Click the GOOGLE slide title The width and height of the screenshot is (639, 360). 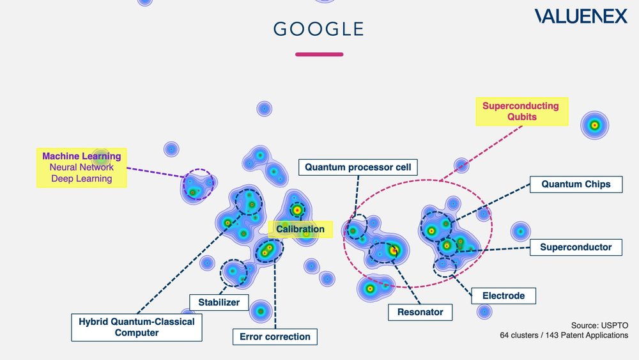[x=318, y=29]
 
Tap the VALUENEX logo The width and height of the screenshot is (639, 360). [x=581, y=17]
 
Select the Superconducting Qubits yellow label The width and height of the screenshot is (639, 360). [x=520, y=112]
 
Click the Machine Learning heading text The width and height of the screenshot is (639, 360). [x=81, y=156]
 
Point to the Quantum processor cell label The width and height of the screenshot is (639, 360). [x=359, y=168]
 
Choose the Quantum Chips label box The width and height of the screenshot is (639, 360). [x=576, y=184]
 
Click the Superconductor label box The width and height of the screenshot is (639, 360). [x=576, y=247]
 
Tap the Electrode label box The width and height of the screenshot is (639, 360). [x=504, y=295]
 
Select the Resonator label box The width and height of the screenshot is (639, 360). [x=420, y=312]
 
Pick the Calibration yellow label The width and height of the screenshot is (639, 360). [x=300, y=229]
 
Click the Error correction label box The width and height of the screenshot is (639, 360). [x=275, y=336]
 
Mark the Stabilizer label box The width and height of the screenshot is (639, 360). [x=219, y=302]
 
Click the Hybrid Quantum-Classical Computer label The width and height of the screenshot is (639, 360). [x=136, y=327]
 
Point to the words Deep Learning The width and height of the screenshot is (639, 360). [x=82, y=178]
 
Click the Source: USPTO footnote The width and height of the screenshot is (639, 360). [x=599, y=324]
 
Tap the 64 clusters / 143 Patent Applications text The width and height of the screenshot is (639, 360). [x=564, y=335]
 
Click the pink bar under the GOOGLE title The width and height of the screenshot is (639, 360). [x=319, y=54]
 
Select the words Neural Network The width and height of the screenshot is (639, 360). [x=82, y=168]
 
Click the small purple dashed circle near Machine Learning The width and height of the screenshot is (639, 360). [x=197, y=184]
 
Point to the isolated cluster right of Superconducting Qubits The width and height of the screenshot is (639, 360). [x=594, y=125]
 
